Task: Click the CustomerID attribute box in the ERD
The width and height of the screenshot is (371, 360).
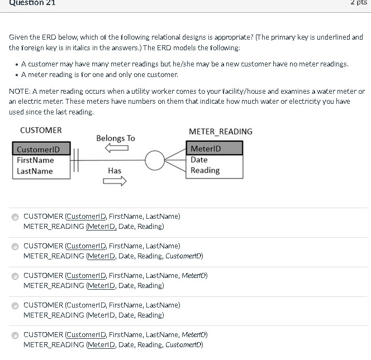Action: point(42,149)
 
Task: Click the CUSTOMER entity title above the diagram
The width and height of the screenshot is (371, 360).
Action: point(41,130)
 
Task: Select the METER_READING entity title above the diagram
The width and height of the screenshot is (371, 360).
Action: point(220,132)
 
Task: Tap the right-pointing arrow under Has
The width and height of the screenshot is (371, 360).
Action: point(115,181)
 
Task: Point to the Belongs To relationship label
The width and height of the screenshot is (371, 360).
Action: point(116,138)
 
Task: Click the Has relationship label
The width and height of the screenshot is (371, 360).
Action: point(115,170)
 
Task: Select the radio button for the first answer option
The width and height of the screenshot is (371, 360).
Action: point(15,217)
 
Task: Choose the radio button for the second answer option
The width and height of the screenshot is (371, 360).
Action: point(15,246)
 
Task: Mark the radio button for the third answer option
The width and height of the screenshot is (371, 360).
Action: point(15,276)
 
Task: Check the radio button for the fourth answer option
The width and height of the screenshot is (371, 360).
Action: point(15,305)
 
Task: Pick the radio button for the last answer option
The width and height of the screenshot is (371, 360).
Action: point(15,335)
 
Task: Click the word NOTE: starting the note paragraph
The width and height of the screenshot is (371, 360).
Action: point(20,91)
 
